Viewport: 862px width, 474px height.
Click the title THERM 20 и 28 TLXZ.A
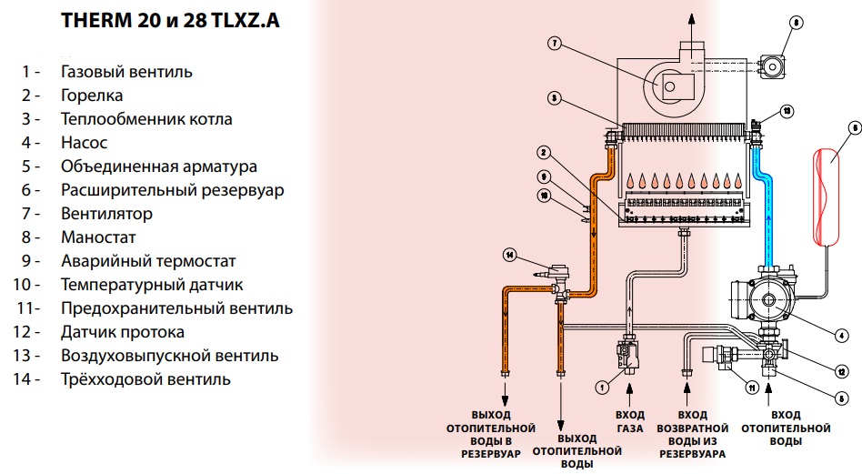(170, 22)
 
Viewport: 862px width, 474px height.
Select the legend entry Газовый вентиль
(126, 71)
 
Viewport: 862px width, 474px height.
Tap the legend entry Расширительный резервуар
(172, 190)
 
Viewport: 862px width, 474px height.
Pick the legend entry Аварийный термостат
(148, 261)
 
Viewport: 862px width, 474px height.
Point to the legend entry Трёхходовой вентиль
(145, 379)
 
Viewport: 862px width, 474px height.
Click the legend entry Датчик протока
(122, 332)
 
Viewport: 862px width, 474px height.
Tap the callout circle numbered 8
(797, 22)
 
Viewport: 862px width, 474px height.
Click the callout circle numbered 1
(601, 387)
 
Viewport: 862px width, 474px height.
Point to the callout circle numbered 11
(751, 387)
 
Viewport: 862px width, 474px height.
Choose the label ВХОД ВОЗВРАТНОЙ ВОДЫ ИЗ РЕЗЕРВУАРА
(693, 433)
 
